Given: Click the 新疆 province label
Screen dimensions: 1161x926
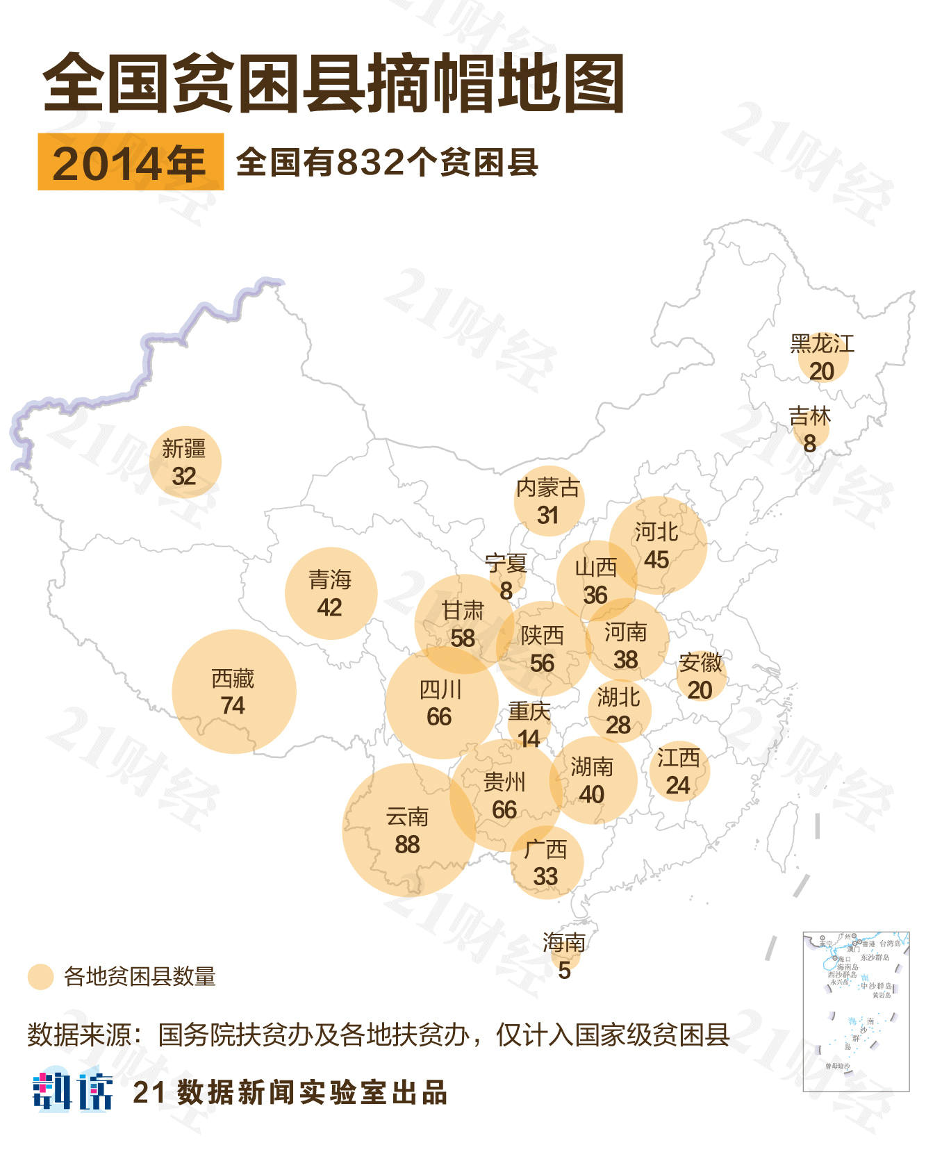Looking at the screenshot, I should pyautogui.click(x=183, y=449).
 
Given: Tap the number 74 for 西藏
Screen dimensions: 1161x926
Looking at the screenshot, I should pyautogui.click(x=233, y=706).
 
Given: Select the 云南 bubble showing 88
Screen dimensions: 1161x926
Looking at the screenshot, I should pyautogui.click(x=408, y=830).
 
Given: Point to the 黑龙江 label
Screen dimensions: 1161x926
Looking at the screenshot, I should pyautogui.click(x=822, y=344).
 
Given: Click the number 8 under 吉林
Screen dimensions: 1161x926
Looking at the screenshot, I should pyautogui.click(x=810, y=444).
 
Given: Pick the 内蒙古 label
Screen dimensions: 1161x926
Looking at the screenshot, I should pyautogui.click(x=547, y=488).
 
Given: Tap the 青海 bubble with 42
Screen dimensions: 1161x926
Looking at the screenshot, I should pyautogui.click(x=331, y=593).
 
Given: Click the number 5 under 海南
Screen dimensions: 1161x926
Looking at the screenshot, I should pyautogui.click(x=564, y=971).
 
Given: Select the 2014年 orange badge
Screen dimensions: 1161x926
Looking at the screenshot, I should pyautogui.click(x=131, y=163).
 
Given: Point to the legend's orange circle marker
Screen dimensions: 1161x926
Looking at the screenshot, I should pyautogui.click(x=40, y=976).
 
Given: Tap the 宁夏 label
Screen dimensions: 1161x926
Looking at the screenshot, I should pyautogui.click(x=506, y=563).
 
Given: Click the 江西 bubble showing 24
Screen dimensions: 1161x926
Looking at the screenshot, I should pyautogui.click(x=679, y=771).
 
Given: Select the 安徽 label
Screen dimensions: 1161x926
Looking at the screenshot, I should pyautogui.click(x=700, y=663).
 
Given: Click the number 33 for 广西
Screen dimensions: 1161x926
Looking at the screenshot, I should pyautogui.click(x=546, y=877).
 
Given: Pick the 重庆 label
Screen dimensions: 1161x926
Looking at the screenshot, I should pyautogui.click(x=529, y=711).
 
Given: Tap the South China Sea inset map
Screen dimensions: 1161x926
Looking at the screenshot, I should pyautogui.click(x=856, y=1011).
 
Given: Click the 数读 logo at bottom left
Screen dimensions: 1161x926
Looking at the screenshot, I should pyautogui.click(x=72, y=1092).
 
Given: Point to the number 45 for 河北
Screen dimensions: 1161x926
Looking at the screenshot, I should pyautogui.click(x=656, y=560).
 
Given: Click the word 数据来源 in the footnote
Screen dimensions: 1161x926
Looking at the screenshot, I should pyautogui.click(x=79, y=1035).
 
